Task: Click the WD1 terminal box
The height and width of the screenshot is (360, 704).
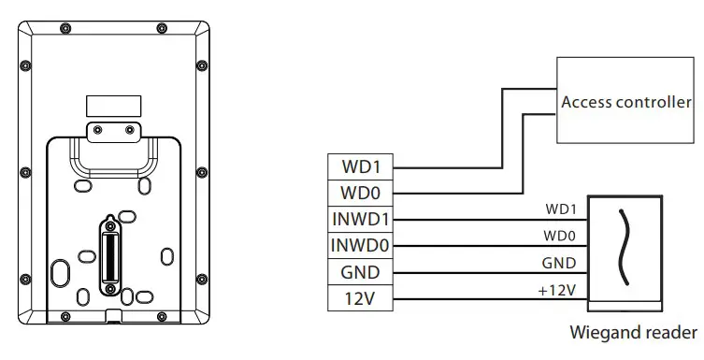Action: point(359,166)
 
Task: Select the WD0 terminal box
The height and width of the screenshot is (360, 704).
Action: point(359,193)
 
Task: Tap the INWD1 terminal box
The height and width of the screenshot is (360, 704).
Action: point(359,220)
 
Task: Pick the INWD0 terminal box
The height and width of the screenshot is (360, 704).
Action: point(359,246)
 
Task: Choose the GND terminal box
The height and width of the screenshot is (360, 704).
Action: point(359,273)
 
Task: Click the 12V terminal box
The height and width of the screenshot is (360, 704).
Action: point(359,300)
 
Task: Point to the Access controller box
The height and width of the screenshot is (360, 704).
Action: point(625,101)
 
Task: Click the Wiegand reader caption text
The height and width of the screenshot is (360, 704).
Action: point(633,332)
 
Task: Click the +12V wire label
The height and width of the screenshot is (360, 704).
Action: point(556,291)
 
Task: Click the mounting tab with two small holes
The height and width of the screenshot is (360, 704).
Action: point(112,132)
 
